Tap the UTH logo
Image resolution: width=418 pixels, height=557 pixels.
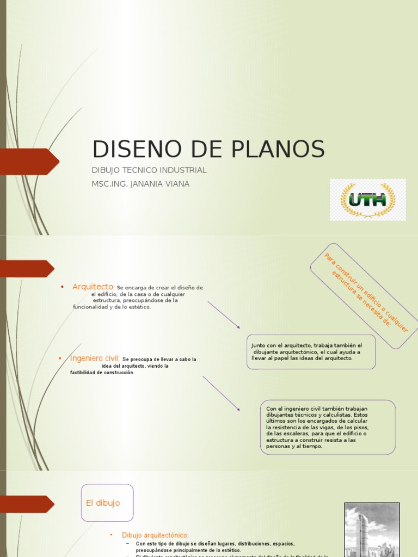click(x=367, y=200)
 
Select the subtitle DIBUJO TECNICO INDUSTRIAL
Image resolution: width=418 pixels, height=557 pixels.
click(x=149, y=170)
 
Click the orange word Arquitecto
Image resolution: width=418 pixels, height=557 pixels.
click(x=93, y=287)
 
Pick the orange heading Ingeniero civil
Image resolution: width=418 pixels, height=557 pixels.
click(x=95, y=358)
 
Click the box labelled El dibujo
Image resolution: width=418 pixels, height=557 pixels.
click(x=107, y=503)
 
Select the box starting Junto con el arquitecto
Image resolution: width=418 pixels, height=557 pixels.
click(x=311, y=352)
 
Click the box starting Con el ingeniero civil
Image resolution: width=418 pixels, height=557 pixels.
click(x=328, y=427)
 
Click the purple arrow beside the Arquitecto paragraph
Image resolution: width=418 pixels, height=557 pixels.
click(x=224, y=314)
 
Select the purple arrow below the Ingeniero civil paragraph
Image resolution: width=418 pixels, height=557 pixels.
click(x=222, y=393)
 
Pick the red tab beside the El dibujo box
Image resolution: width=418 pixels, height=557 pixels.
click(x=27, y=504)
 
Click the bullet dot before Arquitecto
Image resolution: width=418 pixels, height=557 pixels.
click(x=63, y=287)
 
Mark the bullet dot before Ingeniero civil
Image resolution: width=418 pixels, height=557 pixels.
click(x=60, y=358)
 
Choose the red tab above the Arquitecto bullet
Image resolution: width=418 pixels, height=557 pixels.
click(x=27, y=269)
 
